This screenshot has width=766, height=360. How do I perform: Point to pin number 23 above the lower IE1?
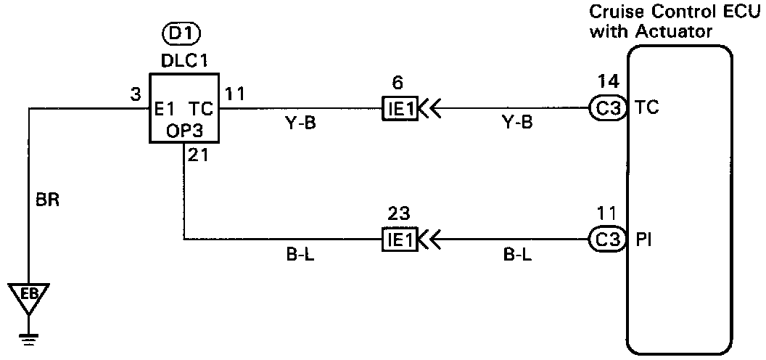click(x=398, y=214)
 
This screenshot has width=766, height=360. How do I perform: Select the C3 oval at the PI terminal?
click(x=607, y=239)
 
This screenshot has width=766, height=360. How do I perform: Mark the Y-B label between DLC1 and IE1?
click(x=300, y=123)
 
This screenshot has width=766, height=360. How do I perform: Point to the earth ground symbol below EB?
click(x=29, y=336)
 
